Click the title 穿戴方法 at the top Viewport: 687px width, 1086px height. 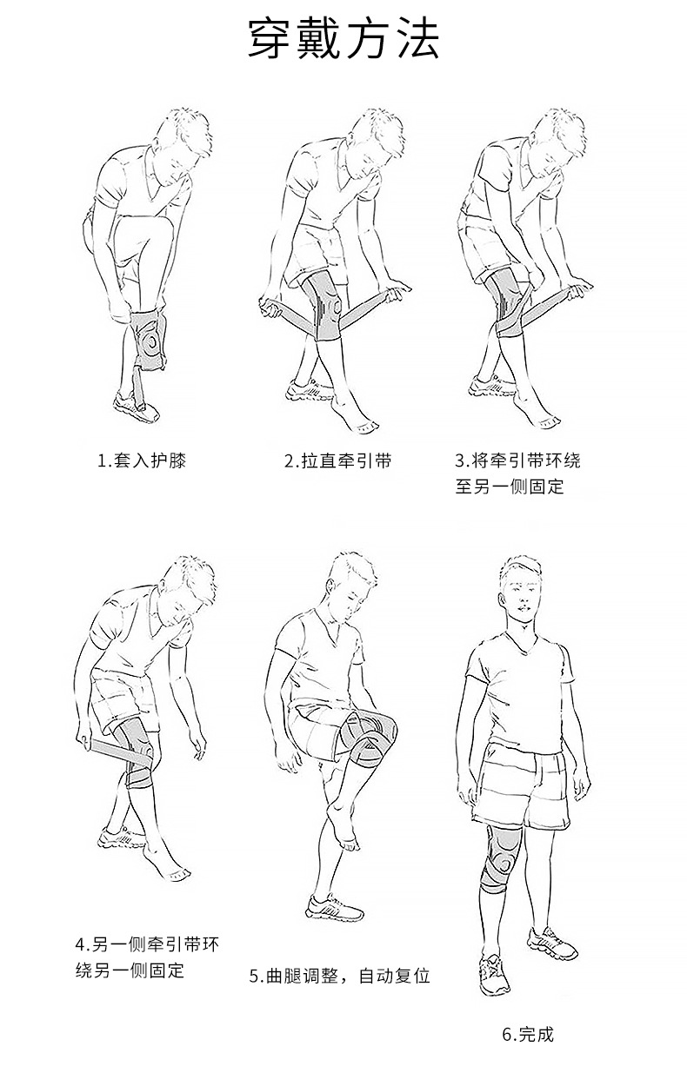(x=343, y=39)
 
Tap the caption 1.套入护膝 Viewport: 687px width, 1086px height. (x=142, y=460)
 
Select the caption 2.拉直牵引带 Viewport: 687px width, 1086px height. (x=338, y=460)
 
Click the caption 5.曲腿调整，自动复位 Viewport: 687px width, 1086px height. (x=340, y=976)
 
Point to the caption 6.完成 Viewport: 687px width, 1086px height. (x=528, y=1035)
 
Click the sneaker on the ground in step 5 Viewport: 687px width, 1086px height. (x=334, y=907)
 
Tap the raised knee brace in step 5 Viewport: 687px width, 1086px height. (x=370, y=738)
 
